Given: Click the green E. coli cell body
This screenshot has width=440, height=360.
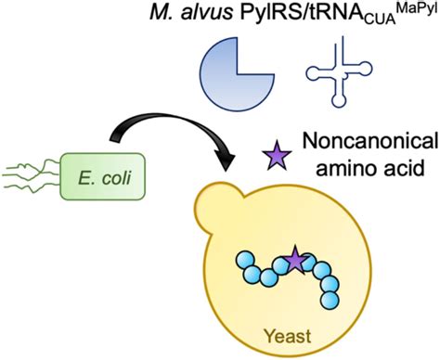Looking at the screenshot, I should tap(103, 166).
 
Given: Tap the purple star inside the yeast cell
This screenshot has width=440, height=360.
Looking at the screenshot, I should tap(295, 263).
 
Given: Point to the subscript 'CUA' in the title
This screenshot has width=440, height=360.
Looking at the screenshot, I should tap(383, 25).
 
